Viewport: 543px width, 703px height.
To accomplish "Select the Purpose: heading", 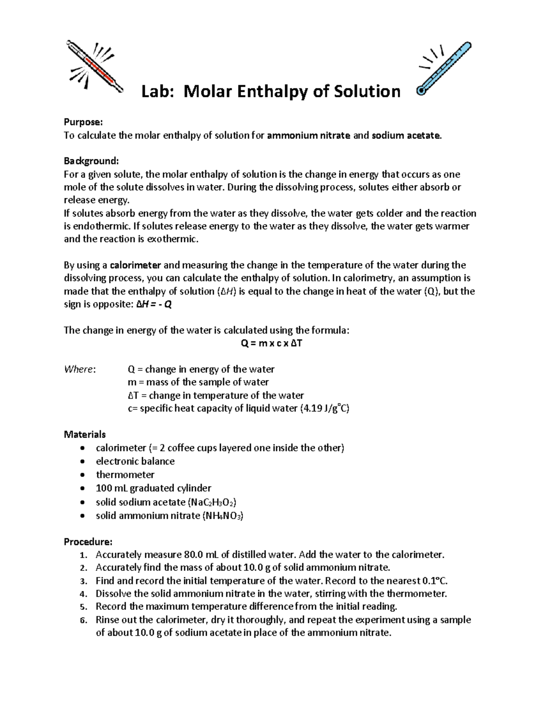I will click(83, 122).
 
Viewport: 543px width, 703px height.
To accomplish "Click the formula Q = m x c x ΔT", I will click(271, 343).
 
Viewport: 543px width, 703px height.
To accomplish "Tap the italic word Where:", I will click(80, 369).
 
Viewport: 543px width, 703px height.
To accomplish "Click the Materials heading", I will click(85, 435).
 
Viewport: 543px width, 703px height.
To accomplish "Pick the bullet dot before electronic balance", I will click(81, 462).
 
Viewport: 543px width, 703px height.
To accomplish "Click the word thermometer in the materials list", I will click(125, 475).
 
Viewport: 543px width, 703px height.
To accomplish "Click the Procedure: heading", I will click(88, 542).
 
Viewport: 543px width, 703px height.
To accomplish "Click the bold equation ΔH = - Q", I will click(154, 305).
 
